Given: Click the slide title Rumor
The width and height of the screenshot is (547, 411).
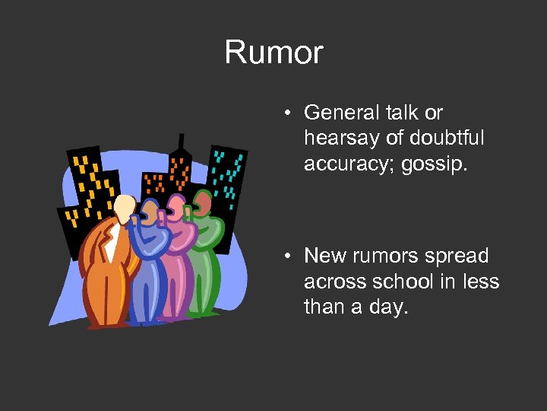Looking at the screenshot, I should [273, 53].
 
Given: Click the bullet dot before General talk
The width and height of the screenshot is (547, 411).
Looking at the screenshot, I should [289, 113].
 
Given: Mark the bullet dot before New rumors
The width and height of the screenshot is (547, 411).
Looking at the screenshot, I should [289, 256].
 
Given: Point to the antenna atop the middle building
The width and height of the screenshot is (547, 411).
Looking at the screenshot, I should [181, 142].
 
